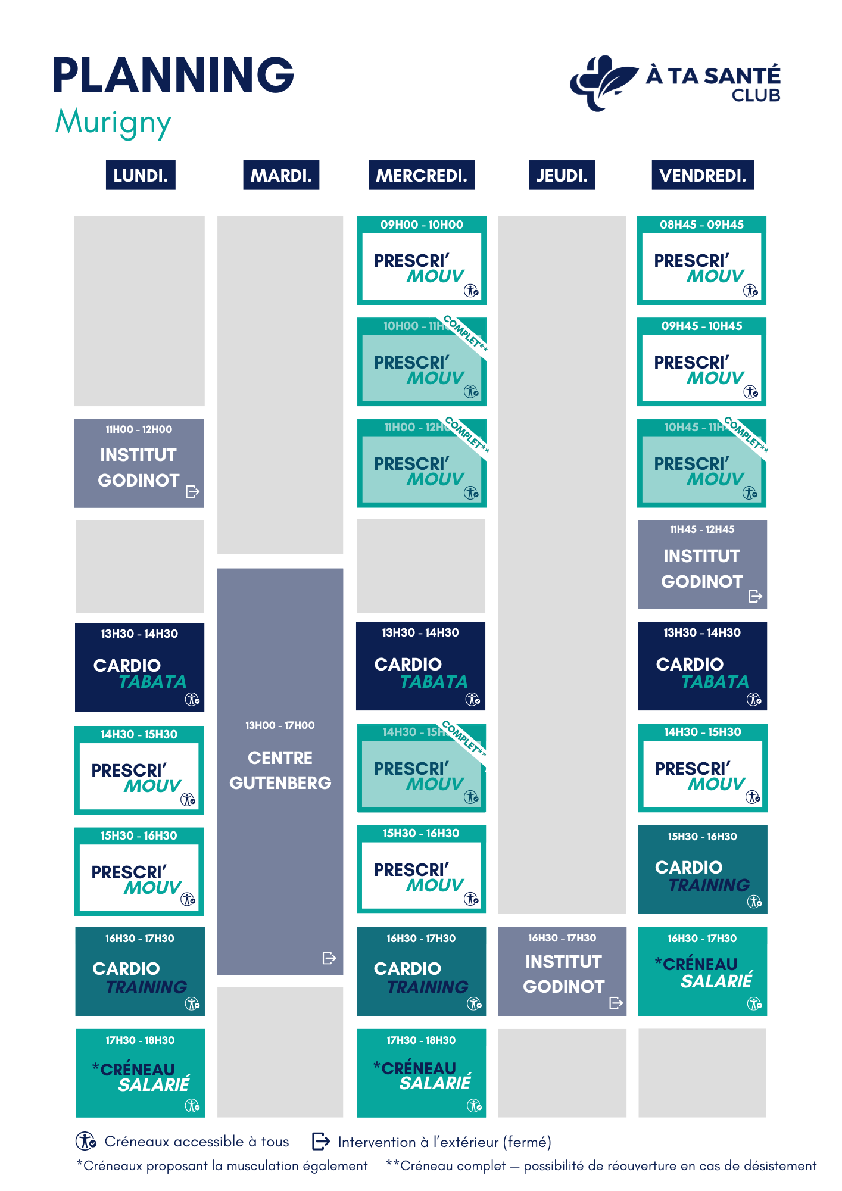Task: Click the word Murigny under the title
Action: (113, 123)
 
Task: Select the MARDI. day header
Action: (281, 175)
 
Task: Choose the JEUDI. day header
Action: (562, 175)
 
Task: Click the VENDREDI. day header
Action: (702, 175)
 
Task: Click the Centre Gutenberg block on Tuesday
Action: (280, 771)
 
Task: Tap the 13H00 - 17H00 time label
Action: (280, 725)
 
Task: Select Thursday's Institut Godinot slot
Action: (562, 971)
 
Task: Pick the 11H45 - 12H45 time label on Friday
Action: (702, 529)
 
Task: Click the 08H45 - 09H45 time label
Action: (701, 225)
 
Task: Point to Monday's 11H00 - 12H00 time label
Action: (139, 429)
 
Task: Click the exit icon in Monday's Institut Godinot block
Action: (192, 491)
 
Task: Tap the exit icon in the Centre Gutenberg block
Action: (329, 958)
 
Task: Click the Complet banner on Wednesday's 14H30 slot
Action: (464, 738)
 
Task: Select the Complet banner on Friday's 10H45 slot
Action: (746, 434)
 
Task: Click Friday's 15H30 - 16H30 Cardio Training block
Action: (702, 869)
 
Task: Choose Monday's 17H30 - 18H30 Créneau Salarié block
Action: (140, 1073)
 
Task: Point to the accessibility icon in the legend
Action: (86, 1141)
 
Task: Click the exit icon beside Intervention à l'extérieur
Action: (321, 1141)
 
